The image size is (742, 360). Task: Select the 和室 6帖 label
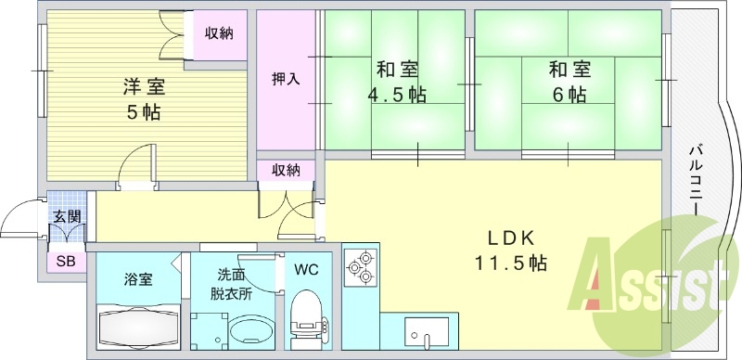tap(566, 82)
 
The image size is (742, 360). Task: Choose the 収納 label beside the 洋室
tap(219, 33)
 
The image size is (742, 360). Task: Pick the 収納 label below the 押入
tap(286, 170)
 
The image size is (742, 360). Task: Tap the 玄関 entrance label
tap(66, 216)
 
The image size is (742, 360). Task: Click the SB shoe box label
tap(66, 261)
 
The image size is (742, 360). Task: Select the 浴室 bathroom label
tap(140, 278)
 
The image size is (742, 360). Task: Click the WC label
tap(305, 271)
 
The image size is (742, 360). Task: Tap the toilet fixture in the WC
tap(303, 321)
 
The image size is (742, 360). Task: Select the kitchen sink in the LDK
tap(426, 331)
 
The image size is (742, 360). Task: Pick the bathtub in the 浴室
tap(138, 327)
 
